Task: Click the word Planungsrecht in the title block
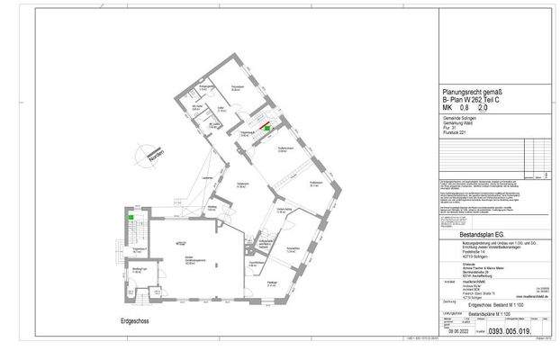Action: [459, 91]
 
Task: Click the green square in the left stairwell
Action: [131, 215]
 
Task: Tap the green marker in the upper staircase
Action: [266, 128]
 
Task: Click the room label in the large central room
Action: [190, 261]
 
